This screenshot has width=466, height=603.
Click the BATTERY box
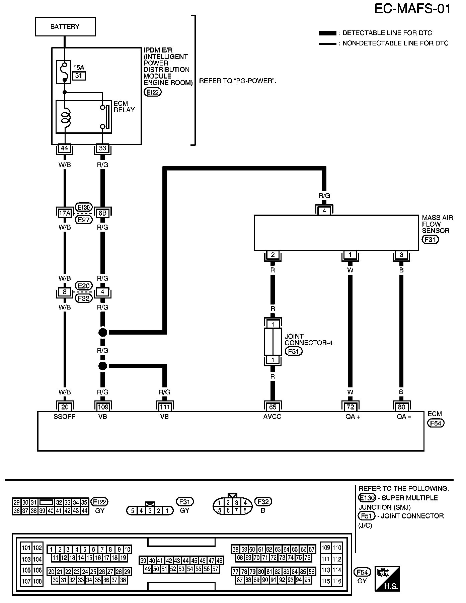65,27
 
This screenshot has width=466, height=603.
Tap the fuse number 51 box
79,76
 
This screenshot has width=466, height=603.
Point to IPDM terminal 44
65,148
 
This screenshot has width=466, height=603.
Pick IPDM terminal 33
102,148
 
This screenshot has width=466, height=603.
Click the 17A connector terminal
65,213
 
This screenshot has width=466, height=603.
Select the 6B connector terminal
102,213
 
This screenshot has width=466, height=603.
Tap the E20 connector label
83,286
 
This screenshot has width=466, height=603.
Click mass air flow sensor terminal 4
324,211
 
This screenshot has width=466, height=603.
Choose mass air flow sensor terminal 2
273,255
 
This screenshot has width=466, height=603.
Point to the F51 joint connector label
293,351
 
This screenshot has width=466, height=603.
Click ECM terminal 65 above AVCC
273,407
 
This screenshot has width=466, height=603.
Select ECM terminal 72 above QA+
350,407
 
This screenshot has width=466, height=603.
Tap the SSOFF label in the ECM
65,416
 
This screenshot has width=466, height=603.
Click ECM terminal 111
164,407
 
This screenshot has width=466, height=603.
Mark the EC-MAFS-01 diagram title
412,9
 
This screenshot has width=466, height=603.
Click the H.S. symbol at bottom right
388,579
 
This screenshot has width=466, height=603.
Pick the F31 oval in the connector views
185,502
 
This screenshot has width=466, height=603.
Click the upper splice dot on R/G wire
103,332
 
